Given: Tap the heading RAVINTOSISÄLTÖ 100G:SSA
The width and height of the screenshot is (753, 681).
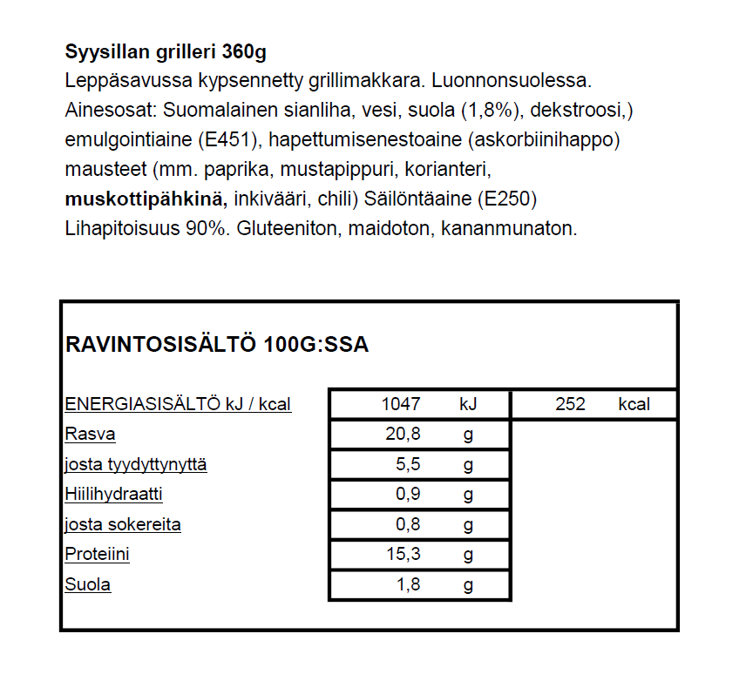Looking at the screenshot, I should pos(217,345).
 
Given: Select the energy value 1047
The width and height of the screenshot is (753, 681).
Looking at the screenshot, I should pos(401,404).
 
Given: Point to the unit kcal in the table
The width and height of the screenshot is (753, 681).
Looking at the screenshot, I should pos(634,404).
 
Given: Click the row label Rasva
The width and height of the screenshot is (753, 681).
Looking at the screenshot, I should pos(90,435).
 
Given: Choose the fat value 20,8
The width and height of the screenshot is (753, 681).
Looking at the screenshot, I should pos(403,435).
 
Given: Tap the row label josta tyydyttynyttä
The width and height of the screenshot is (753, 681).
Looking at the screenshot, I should pos(136,465).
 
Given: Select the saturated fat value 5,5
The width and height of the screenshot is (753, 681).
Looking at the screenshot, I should pos(408,465).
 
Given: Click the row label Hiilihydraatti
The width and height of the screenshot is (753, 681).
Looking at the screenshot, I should pos(113,495).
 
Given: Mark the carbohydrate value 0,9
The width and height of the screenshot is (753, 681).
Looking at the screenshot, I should pos(408,495).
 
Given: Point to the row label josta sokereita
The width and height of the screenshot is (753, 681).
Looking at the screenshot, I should pos(123,525).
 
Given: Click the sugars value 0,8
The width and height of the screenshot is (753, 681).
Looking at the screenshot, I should pos(408,525).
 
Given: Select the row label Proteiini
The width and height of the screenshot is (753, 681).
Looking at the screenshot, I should pos(98,555).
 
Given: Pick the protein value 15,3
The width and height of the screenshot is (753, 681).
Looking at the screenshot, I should pos(403,555).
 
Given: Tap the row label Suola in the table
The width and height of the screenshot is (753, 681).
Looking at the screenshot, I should pos(88,584).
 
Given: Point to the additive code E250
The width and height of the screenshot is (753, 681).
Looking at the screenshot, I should pos(506,199).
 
